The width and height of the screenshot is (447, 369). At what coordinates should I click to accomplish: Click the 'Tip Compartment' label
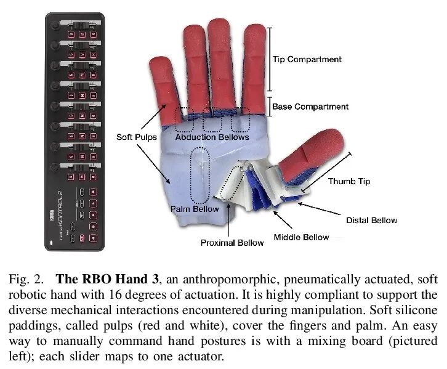coord(307,59)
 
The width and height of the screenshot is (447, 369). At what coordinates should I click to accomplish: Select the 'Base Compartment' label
coord(310,107)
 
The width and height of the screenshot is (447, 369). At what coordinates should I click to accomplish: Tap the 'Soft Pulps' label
coord(137,136)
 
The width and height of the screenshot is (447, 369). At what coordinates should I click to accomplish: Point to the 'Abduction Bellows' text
coord(212,137)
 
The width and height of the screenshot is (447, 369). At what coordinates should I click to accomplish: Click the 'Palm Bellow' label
coord(194,209)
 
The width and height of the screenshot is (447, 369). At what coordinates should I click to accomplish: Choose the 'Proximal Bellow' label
coord(232,243)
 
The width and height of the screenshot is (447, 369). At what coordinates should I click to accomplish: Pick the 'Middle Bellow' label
coord(301,237)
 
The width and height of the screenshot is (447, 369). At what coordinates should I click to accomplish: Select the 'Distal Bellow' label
coord(372,220)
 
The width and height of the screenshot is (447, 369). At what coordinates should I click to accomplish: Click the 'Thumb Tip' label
coord(348,181)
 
